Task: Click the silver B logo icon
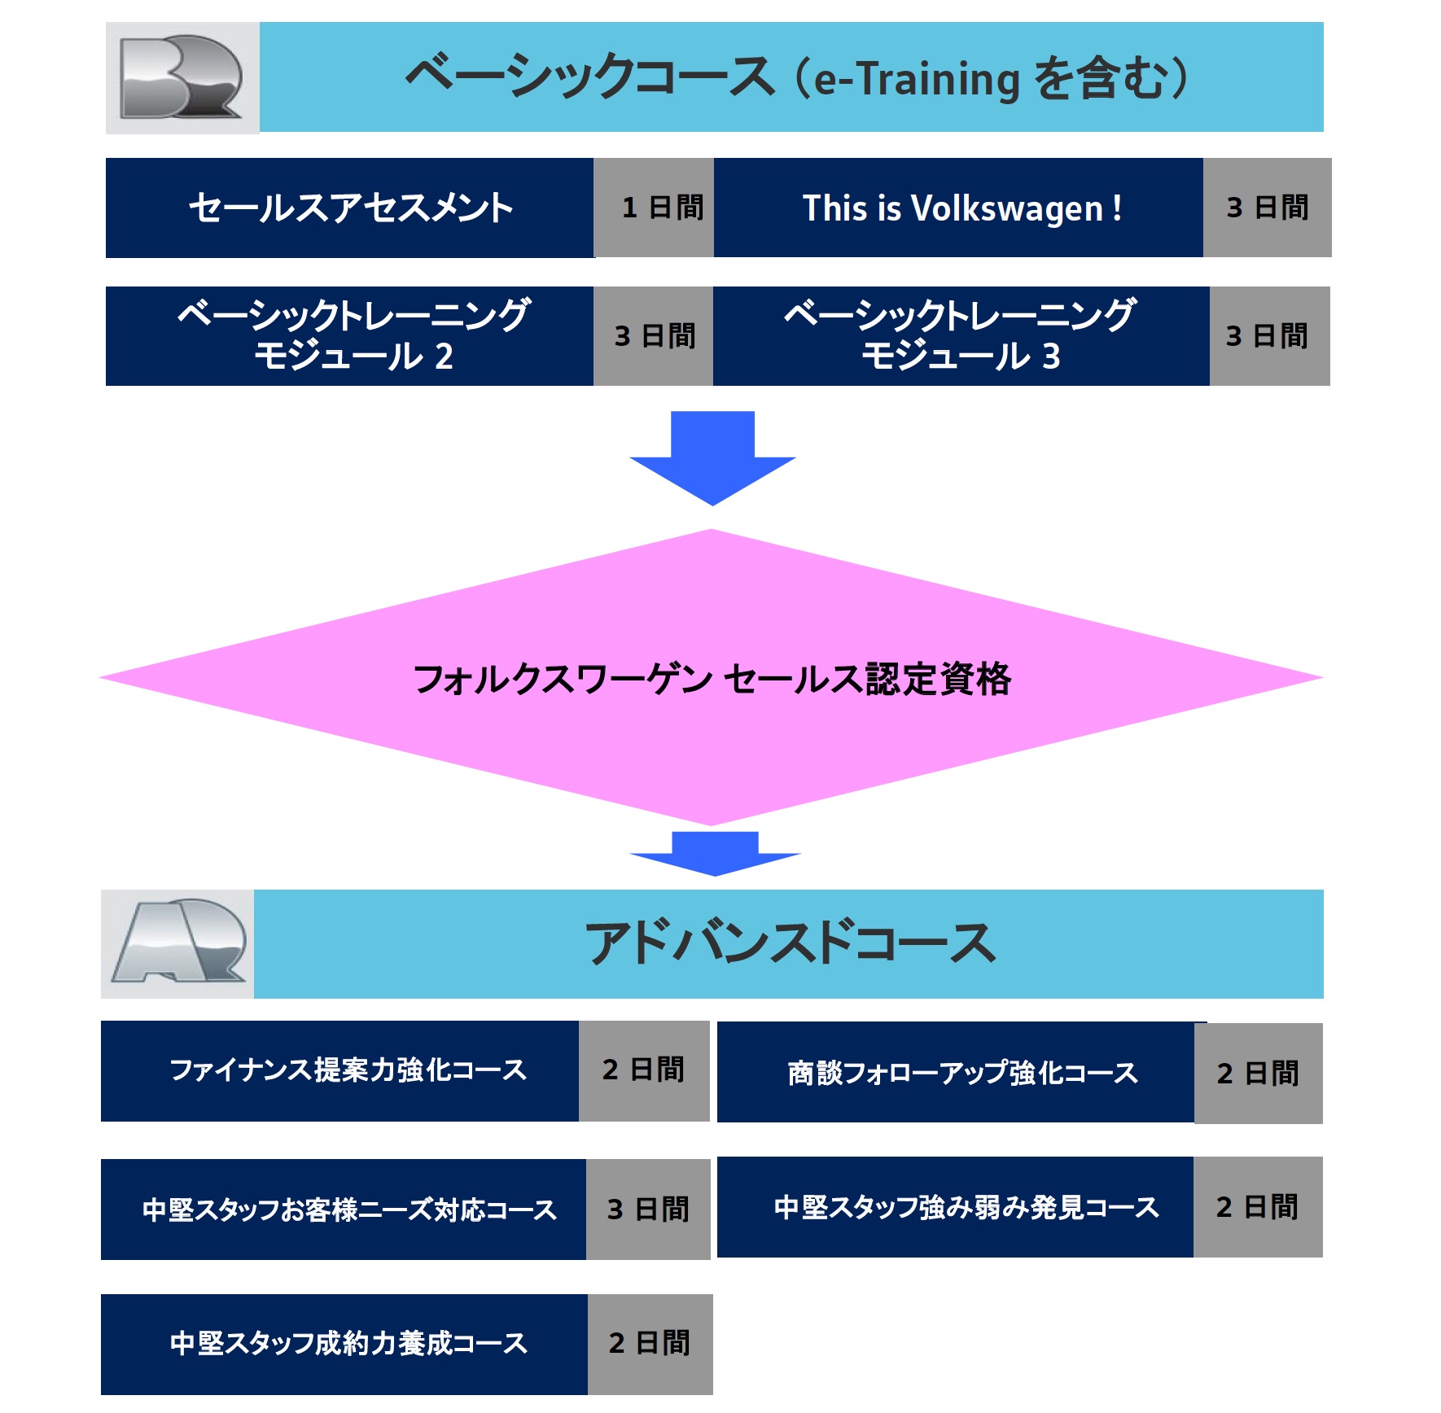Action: [x=182, y=77]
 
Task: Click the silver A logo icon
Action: [x=178, y=943]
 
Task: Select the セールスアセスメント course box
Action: [x=349, y=208]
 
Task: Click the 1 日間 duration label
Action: [x=661, y=208]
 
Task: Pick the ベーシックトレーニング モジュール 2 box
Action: [x=349, y=335]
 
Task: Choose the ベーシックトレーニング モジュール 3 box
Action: [x=961, y=335]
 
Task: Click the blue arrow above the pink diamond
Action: [x=712, y=457]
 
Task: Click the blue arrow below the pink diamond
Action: [x=714, y=852]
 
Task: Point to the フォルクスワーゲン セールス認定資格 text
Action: [x=712, y=679]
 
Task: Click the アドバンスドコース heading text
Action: [x=789, y=943]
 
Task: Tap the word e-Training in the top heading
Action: [x=917, y=79]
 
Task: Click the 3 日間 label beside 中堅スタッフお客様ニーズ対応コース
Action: [x=648, y=1210]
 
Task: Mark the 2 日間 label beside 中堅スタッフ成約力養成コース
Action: [x=650, y=1344]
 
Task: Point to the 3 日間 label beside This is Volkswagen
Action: [x=1267, y=208]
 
